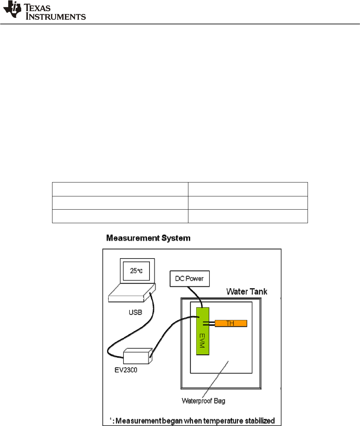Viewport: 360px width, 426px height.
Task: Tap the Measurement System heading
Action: click(x=148, y=238)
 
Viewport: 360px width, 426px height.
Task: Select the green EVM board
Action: click(x=203, y=331)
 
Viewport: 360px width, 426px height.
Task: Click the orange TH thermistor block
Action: click(x=231, y=323)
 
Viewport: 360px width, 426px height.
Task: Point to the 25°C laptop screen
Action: click(x=136, y=271)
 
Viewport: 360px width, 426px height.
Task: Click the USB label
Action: click(x=135, y=312)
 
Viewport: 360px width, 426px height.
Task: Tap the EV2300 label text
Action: click(x=123, y=370)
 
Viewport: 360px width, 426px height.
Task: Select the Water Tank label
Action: click(x=247, y=292)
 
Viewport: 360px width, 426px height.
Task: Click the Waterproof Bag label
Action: click(x=203, y=401)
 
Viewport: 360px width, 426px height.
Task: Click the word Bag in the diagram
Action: click(x=219, y=401)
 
